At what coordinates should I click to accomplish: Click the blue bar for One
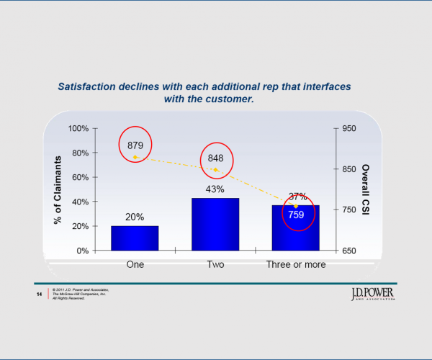tap(135, 238)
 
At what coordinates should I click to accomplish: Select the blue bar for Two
tap(215, 224)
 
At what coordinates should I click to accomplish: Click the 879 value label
tap(135, 145)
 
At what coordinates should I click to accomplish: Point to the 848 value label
tap(215, 158)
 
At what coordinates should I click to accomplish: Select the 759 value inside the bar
tap(296, 215)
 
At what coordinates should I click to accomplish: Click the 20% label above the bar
tap(135, 217)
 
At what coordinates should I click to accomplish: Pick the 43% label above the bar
tap(215, 189)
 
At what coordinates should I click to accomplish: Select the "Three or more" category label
tap(296, 264)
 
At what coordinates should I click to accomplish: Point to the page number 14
tap(39, 294)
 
